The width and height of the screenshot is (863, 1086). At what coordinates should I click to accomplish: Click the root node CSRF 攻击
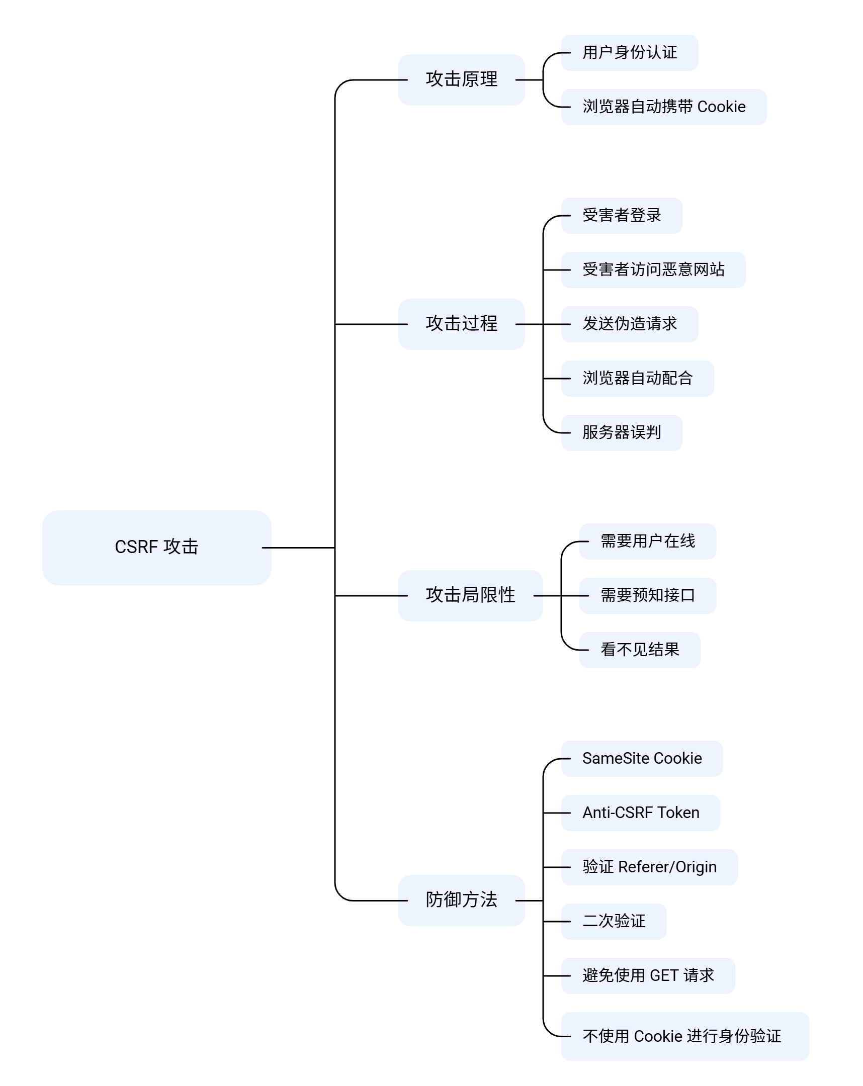(x=156, y=547)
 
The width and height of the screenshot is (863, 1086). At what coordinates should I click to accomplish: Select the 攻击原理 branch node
(x=461, y=79)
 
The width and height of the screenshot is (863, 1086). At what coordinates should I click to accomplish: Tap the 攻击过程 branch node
(x=461, y=324)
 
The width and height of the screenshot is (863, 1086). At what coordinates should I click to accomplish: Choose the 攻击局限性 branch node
(x=470, y=595)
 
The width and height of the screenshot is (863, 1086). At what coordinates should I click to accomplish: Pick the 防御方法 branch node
(x=461, y=900)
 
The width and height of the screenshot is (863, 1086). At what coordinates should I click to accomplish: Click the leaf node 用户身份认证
(x=629, y=52)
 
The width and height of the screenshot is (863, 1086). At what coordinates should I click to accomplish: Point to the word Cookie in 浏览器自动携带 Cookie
(x=721, y=107)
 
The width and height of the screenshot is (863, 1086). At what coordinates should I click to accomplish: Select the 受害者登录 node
(x=621, y=216)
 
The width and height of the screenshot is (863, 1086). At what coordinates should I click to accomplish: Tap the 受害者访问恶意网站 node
(x=653, y=270)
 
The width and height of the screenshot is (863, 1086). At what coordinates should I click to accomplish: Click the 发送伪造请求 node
(x=629, y=324)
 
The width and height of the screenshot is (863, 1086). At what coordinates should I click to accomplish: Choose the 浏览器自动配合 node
(x=637, y=378)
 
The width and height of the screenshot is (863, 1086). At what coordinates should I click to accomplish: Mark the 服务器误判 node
(x=621, y=433)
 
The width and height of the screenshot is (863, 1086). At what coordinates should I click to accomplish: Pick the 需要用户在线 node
(x=647, y=541)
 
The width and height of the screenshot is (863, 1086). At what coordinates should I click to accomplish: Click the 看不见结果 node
(x=639, y=650)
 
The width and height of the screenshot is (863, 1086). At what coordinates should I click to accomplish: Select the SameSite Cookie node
(x=641, y=759)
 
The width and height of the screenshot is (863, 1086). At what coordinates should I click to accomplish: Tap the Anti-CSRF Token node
(x=640, y=813)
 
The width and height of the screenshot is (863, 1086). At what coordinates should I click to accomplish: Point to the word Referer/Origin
(x=667, y=867)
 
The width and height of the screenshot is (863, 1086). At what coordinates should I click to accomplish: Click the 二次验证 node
(x=614, y=921)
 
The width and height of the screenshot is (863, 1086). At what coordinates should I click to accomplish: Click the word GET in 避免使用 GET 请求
(x=664, y=976)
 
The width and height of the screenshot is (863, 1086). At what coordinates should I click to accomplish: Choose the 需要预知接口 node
(x=647, y=595)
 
